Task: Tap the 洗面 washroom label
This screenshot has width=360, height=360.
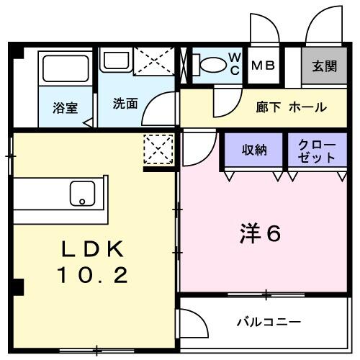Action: pyautogui.click(x=125, y=103)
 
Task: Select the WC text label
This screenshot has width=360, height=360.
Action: pyautogui.click(x=234, y=63)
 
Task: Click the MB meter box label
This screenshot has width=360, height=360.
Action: pyautogui.click(x=263, y=65)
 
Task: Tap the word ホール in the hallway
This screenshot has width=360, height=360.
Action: pyautogui.click(x=308, y=107)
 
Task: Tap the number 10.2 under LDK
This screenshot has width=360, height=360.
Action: pyautogui.click(x=93, y=274)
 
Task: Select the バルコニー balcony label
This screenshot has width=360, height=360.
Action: pyautogui.click(x=269, y=321)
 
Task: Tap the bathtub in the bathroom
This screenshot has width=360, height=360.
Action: pyautogui.click(x=65, y=69)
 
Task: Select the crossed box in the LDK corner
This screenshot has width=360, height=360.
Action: pyautogui.click(x=158, y=150)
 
